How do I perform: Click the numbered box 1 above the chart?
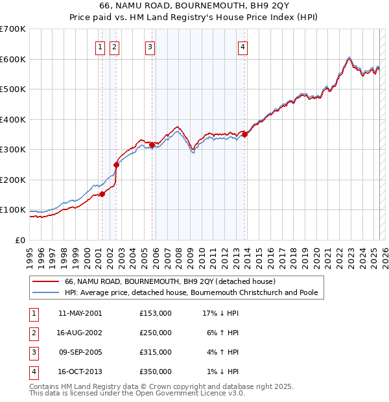click(101, 47)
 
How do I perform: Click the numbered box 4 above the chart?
click(242, 47)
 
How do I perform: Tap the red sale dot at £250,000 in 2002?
click(117, 165)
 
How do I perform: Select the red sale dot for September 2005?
click(152, 145)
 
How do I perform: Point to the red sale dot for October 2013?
click(244, 135)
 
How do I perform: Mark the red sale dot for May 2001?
click(102, 194)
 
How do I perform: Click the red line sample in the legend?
click(45, 282)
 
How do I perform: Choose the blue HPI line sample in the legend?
click(45, 293)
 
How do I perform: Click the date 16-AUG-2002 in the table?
click(80, 333)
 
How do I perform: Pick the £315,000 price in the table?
click(155, 353)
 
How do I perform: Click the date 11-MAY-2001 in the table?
click(80, 313)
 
